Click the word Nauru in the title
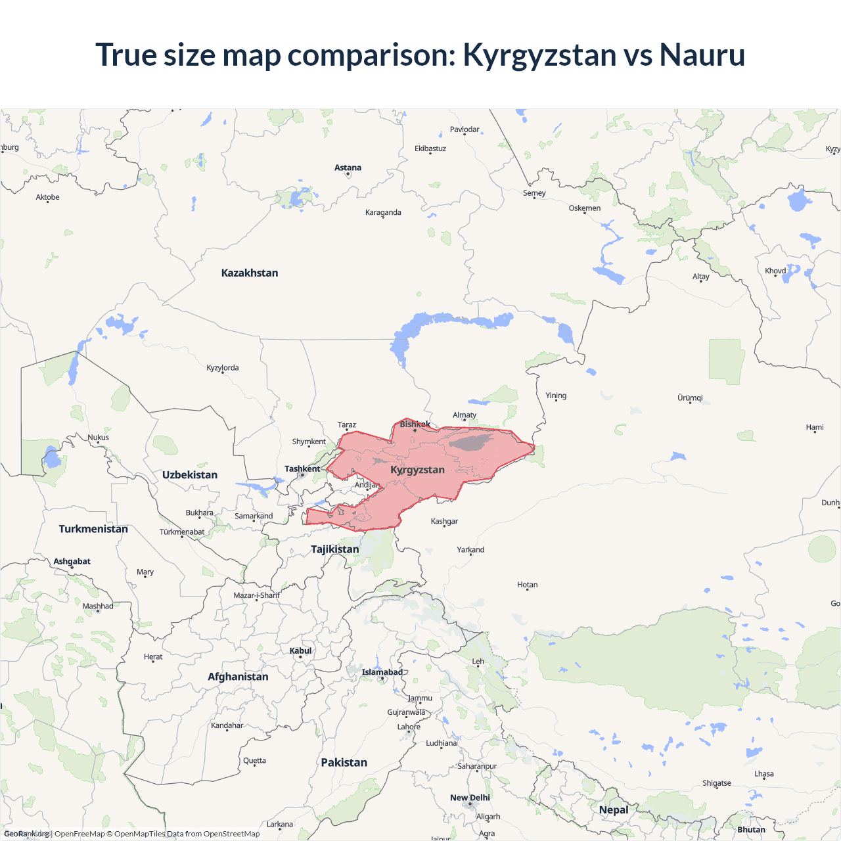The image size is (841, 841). [702, 55]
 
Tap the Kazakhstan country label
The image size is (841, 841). [250, 273]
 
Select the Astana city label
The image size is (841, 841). [348, 168]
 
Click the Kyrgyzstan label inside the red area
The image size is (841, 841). [417, 470]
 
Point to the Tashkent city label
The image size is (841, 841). [302, 468]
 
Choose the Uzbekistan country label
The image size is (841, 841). [190, 474]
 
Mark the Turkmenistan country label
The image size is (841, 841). [93, 529]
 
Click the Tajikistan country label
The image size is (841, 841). [335, 549]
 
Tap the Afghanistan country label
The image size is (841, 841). [238, 677]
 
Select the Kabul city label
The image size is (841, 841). [301, 650]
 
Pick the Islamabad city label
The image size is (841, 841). [382, 671]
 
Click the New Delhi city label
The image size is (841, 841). [470, 798]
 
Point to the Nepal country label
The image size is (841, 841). [614, 809]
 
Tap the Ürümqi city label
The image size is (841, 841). [690, 398]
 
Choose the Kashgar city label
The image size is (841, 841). [444, 521]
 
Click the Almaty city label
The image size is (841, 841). [465, 415]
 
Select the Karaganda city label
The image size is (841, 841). [383, 212]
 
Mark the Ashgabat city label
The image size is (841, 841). [72, 561]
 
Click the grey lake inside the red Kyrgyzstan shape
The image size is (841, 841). [470, 442]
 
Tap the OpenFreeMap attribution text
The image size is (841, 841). [80, 834]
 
